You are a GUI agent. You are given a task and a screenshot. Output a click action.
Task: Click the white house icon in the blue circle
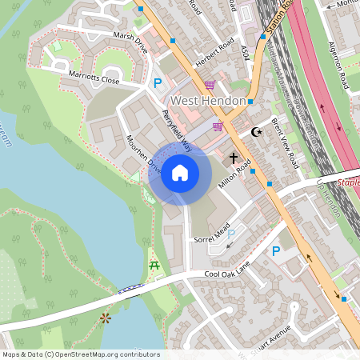[179, 173]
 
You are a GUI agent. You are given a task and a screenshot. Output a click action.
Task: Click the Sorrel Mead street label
[211, 232]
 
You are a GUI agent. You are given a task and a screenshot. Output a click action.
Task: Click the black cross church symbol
[234, 158]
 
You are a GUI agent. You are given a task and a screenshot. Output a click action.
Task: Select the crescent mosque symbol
[257, 132]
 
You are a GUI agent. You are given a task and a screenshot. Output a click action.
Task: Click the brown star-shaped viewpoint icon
[105, 318]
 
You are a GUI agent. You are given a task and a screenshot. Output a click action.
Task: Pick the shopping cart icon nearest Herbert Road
[210, 84]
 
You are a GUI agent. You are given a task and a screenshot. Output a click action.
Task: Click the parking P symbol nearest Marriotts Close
[158, 82]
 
